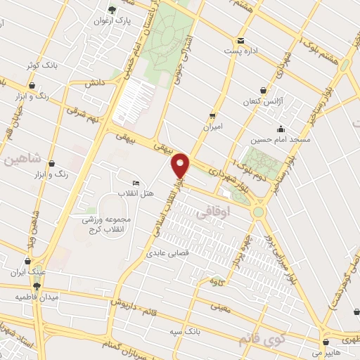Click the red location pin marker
(181, 165)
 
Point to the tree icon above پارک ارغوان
(111, 10)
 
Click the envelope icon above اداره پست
(241, 40)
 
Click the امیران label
(212, 127)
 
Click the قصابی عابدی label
(167, 255)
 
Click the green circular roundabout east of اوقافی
(259, 211)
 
